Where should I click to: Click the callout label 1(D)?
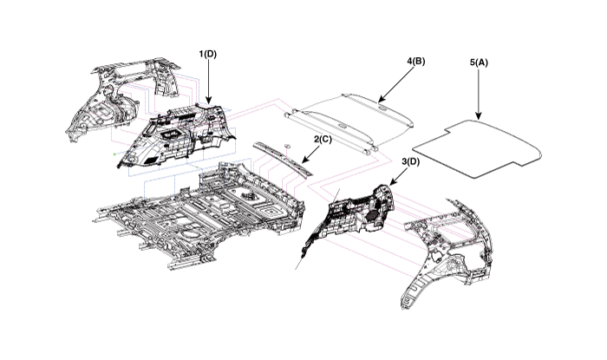208,55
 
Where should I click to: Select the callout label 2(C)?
322,139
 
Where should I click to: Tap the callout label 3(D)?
411,162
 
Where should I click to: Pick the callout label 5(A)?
480,62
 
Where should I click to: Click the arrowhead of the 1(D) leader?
208,107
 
